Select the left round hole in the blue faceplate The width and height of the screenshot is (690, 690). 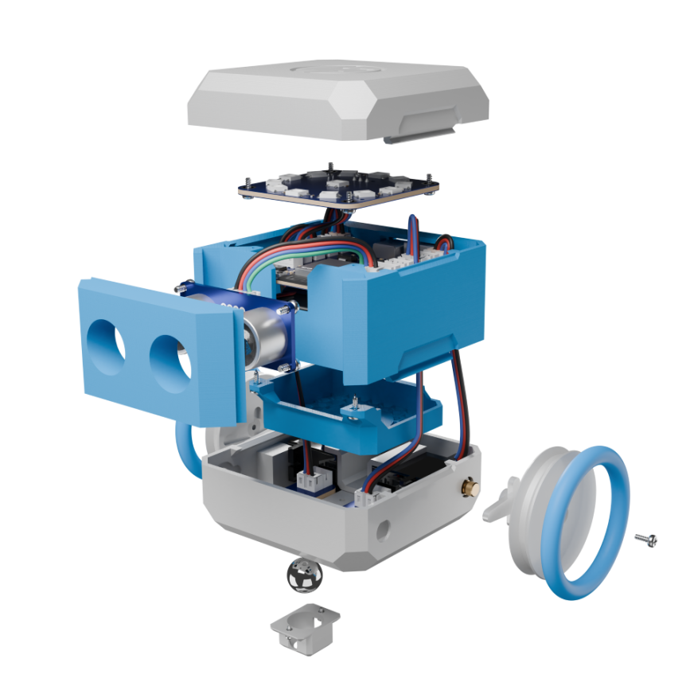click(107, 348)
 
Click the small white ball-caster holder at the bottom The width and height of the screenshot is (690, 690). click(304, 630)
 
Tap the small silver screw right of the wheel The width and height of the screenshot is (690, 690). click(646, 540)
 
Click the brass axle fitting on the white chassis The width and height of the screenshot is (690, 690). click(471, 485)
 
